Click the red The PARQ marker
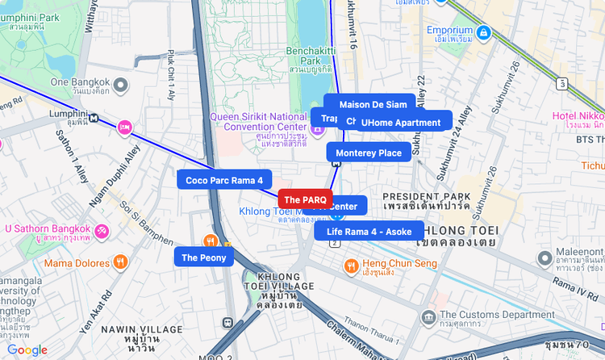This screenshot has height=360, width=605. pos(305,199)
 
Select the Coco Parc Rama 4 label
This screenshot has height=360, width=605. pos(224,180)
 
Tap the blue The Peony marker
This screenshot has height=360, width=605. pos(204,257)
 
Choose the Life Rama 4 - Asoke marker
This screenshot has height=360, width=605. pos(369,232)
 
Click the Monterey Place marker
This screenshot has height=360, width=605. pos(368,153)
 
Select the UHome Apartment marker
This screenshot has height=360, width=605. pos(401,123)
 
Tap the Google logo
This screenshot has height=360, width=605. pos(27,350)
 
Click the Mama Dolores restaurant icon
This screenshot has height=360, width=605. pos(120,262)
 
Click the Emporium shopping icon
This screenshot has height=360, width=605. pos(483,32)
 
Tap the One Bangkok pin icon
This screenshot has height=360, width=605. pos(120,84)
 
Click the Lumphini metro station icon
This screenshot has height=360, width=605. pos(95,118)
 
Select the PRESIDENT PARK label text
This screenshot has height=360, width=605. pos(426,196)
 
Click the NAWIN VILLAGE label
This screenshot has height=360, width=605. pos(142,329)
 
